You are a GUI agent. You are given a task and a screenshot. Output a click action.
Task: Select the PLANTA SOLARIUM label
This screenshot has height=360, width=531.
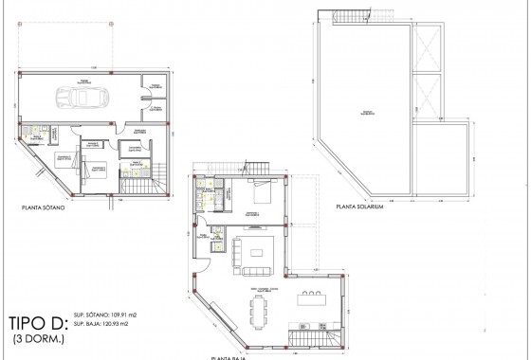point(352,208)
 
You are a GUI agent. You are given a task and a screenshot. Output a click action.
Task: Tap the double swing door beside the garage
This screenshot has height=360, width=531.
point(150,93)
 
